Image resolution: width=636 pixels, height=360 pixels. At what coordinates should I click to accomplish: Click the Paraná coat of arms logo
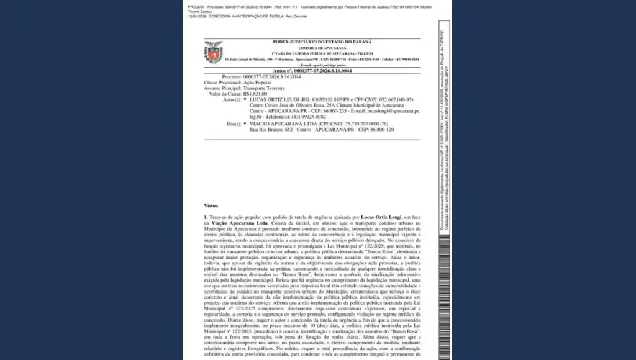[213, 52]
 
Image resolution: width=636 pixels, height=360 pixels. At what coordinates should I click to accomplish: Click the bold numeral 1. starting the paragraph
[206, 217]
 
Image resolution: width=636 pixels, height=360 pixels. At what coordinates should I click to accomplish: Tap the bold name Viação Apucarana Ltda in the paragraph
[231, 222]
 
